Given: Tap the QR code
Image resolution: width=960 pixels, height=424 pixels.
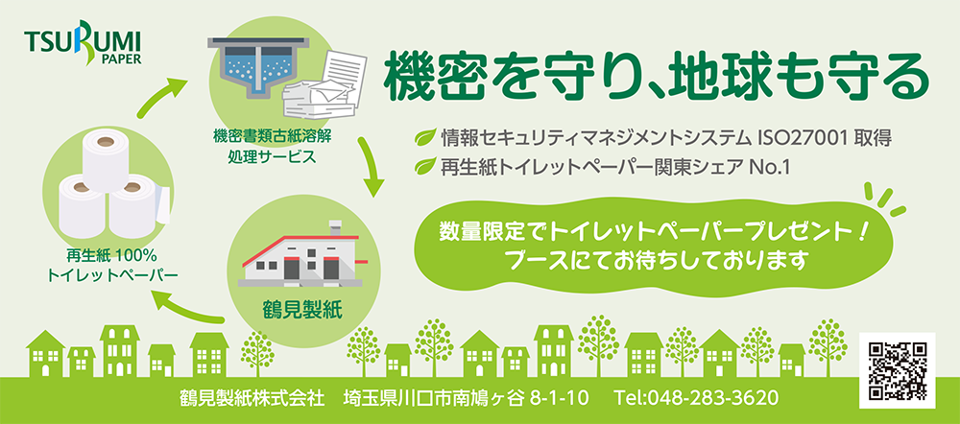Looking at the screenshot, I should click(x=897, y=369).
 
